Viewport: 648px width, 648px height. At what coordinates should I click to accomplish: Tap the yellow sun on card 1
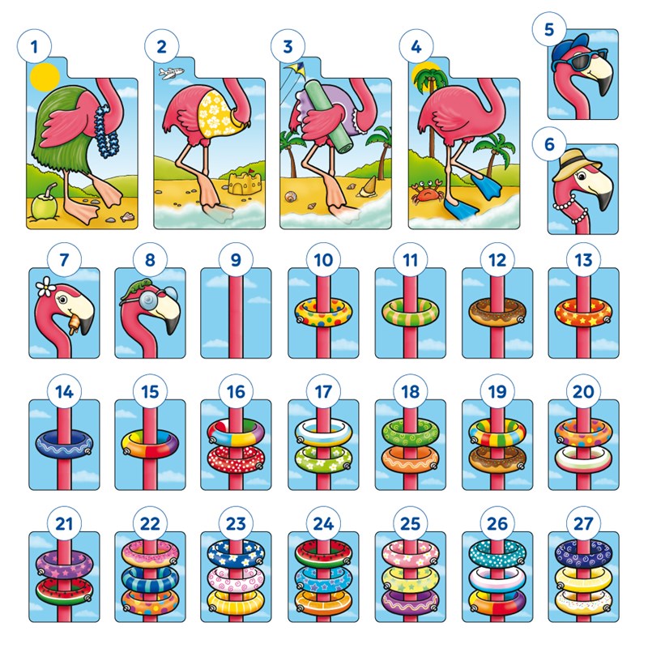[45, 77]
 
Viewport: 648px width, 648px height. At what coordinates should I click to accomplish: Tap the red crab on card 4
[424, 193]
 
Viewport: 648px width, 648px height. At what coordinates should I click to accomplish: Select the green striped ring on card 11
[410, 310]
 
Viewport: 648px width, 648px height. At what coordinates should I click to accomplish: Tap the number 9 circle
[237, 261]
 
